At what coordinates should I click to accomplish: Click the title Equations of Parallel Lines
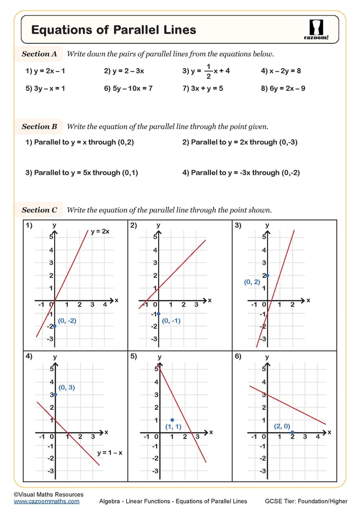[113, 30]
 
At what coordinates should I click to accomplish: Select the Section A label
[39, 54]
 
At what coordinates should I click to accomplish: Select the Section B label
[39, 127]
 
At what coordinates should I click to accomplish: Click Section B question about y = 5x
[82, 173]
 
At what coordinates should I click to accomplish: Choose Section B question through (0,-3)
[241, 142]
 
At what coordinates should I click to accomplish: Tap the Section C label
[39, 210]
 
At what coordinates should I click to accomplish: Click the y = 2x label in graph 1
[99, 232]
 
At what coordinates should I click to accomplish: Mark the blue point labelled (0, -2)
[55, 326]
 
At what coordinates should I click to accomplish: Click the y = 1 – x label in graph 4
[109, 453]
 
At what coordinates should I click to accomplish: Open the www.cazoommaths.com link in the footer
[46, 501]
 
